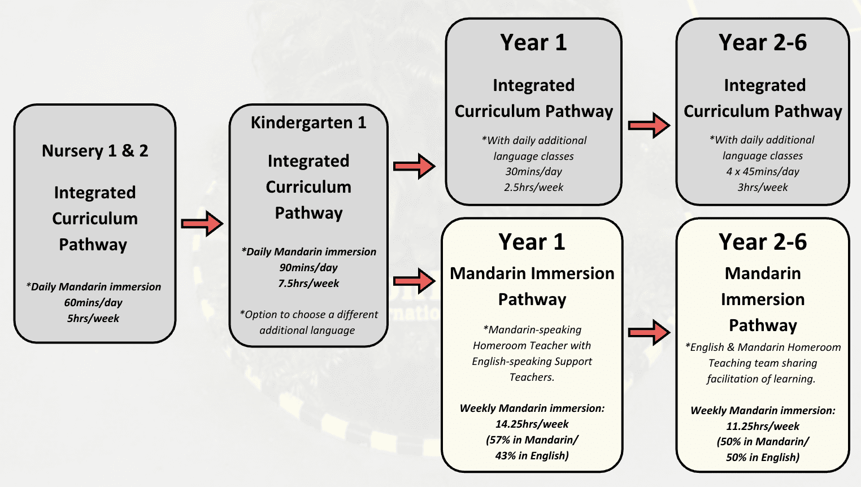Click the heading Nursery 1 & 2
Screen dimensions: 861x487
(95, 151)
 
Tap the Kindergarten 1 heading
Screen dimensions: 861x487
(308, 123)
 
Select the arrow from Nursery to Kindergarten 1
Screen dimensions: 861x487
(202, 223)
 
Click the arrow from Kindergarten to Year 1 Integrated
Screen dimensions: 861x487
(414, 166)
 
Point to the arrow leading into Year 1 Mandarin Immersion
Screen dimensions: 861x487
(414, 281)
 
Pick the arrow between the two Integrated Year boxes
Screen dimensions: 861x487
(649, 125)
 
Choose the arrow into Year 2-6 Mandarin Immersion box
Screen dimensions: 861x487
(649, 332)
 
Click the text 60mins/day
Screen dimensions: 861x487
(93, 302)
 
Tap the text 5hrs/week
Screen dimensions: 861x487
(93, 318)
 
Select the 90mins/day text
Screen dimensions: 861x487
(308, 268)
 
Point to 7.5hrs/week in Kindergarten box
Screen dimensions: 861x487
(308, 283)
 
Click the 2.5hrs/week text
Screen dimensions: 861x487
(533, 187)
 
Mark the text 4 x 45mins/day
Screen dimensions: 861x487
(763, 171)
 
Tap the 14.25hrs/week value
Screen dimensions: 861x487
(532, 424)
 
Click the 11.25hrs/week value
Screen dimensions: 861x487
(763, 427)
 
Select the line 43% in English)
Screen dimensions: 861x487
(532, 455)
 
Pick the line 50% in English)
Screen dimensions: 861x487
(763, 458)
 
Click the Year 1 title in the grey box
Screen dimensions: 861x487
(533, 42)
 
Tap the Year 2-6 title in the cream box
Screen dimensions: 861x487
(763, 242)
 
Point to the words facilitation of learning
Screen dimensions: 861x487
(761, 379)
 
